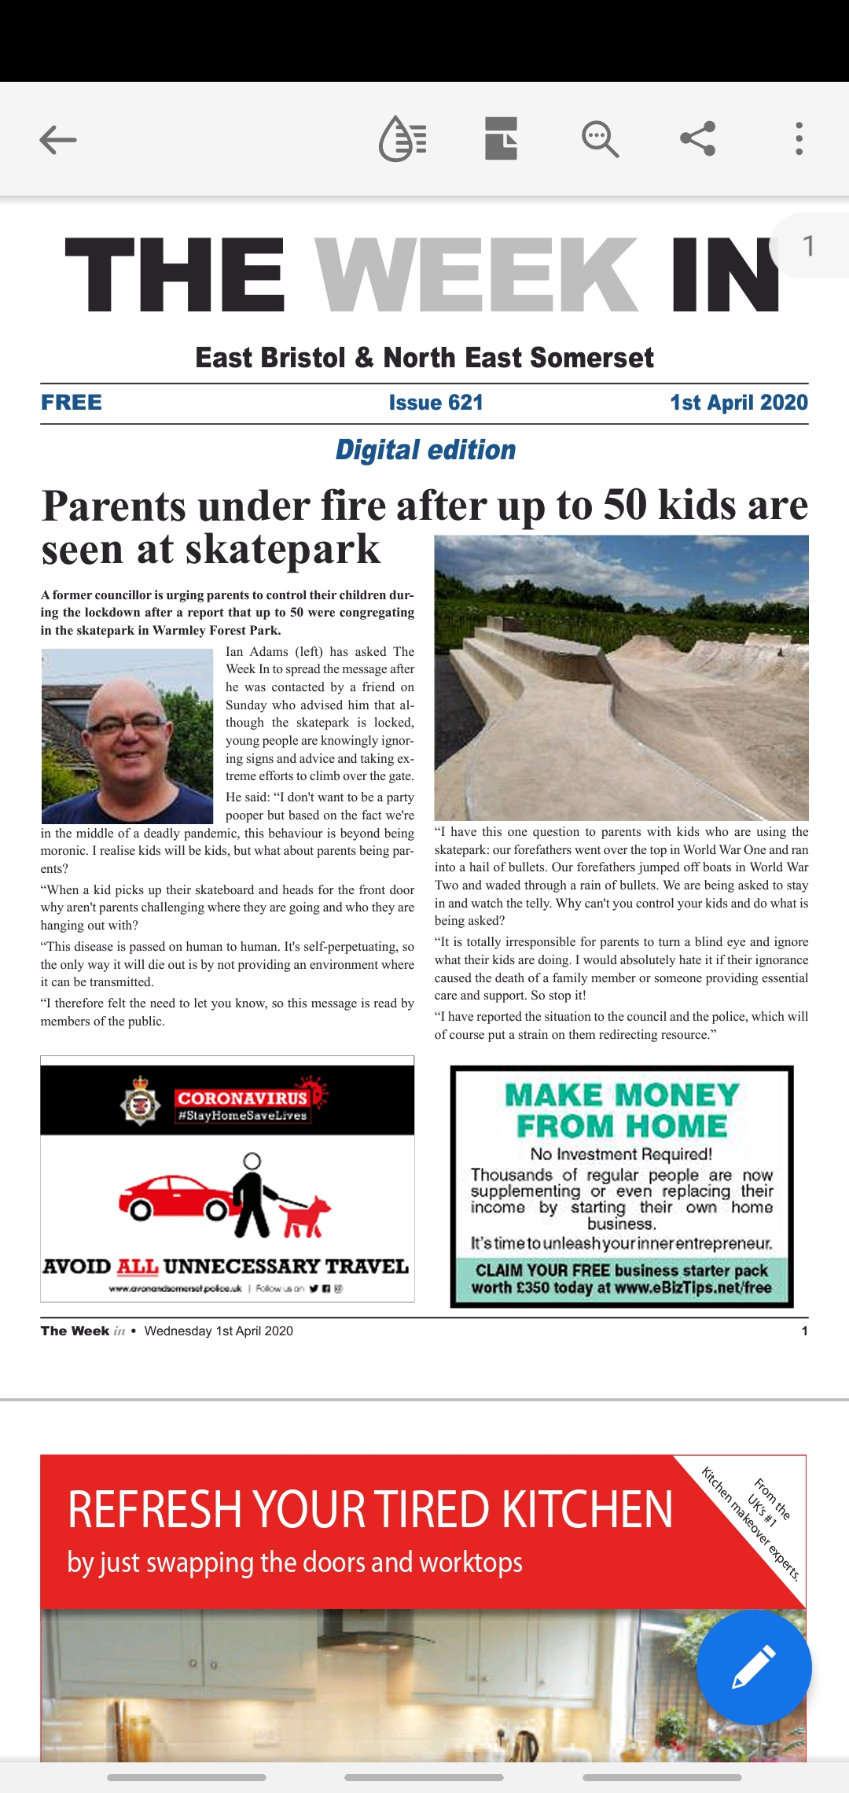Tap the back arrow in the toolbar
(x=58, y=140)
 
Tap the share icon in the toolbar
(x=697, y=139)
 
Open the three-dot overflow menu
(x=799, y=139)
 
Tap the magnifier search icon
(x=600, y=139)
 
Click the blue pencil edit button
(x=753, y=1666)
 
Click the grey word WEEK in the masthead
(x=476, y=275)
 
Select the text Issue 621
(x=436, y=403)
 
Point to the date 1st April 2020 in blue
(x=738, y=403)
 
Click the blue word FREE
(x=72, y=403)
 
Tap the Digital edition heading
(x=425, y=450)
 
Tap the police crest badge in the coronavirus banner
(x=141, y=1101)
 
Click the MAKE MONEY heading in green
(x=622, y=1095)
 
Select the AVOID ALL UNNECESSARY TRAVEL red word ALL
(x=137, y=1267)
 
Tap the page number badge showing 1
(x=808, y=246)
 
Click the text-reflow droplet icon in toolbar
(x=402, y=139)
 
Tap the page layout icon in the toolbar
(x=501, y=139)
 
